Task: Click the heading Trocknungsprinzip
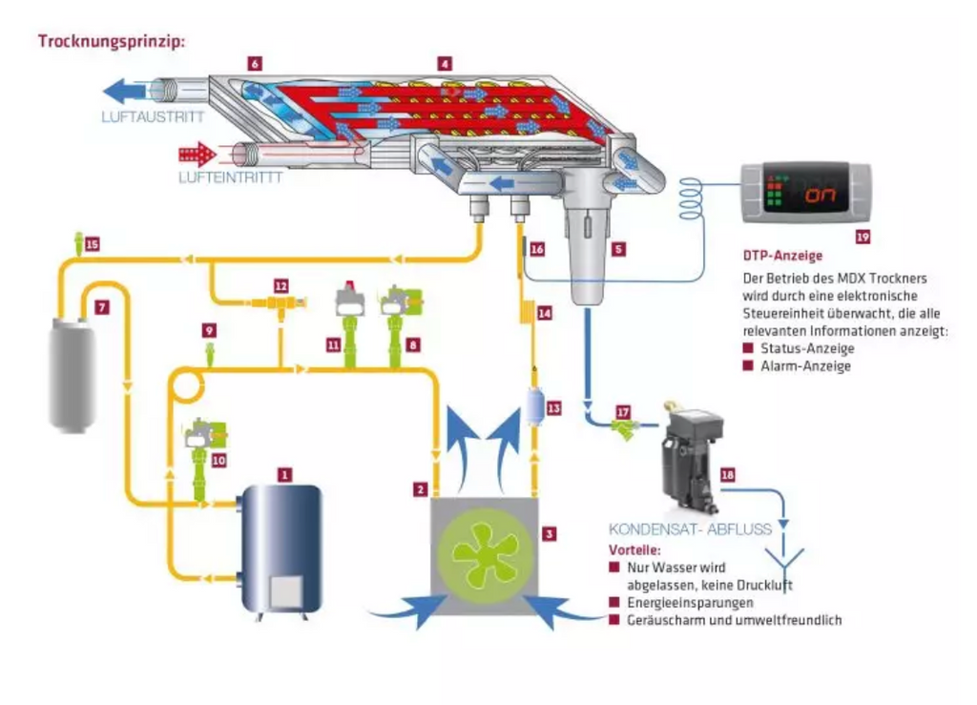pyautogui.click(x=113, y=42)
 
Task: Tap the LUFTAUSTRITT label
pyautogui.click(x=153, y=116)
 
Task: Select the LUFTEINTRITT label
pyautogui.click(x=231, y=176)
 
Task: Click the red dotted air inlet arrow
pyautogui.click(x=197, y=154)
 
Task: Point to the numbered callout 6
pyautogui.click(x=254, y=64)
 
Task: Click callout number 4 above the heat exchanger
pyautogui.click(x=445, y=64)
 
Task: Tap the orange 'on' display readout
pyautogui.click(x=821, y=195)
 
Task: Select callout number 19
pyautogui.click(x=863, y=237)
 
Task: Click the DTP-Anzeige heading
pyautogui.click(x=782, y=256)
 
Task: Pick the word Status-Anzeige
pyautogui.click(x=807, y=348)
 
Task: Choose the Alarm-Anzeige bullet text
pyautogui.click(x=805, y=365)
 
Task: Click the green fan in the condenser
pyautogui.click(x=485, y=555)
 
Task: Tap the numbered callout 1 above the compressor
pyautogui.click(x=284, y=475)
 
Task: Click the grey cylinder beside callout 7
pyautogui.click(x=73, y=375)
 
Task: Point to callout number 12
pyautogui.click(x=281, y=286)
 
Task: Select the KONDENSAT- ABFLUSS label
pyautogui.click(x=691, y=529)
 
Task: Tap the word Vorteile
pyautogui.click(x=634, y=549)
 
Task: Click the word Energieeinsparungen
pyautogui.click(x=691, y=602)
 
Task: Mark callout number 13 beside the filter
pyautogui.click(x=554, y=408)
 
